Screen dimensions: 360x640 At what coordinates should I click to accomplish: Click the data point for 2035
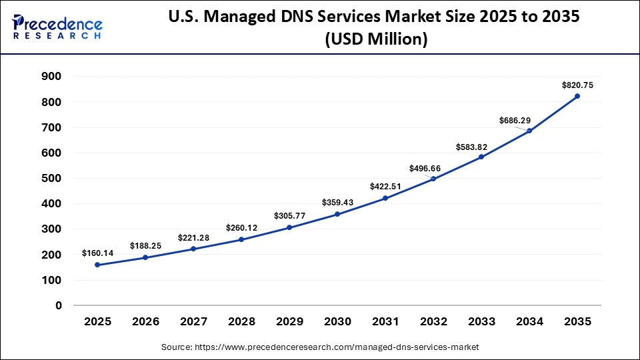577,97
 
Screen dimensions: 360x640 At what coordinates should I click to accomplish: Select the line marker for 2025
97,265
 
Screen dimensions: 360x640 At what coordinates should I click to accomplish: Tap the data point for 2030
337,214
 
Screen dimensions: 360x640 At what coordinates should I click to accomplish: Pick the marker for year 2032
433,179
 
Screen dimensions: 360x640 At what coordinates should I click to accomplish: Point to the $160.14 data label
98,253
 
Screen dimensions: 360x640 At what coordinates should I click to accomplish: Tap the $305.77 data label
289,216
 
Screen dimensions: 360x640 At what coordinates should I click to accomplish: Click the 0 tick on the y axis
58,305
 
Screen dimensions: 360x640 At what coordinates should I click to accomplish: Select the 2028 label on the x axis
241,322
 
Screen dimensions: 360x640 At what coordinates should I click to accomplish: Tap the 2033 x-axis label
481,322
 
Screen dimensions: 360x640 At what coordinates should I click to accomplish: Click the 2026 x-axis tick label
145,322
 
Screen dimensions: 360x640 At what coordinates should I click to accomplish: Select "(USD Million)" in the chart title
375,40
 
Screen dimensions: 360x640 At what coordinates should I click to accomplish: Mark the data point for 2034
529,131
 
